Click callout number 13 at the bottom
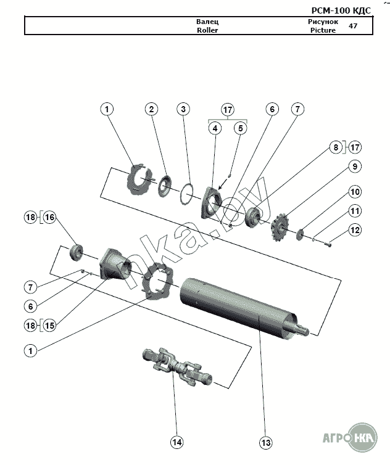tap(265, 443)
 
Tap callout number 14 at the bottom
tap(177, 442)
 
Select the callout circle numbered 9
tap(355, 167)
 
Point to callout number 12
tap(355, 230)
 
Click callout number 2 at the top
tap(152, 109)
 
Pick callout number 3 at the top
tap(183, 109)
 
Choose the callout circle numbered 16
tap(49, 217)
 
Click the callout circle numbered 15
tap(49, 326)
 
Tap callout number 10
tap(355, 192)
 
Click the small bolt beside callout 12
tap(327, 245)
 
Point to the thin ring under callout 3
tap(187, 194)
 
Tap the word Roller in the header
tap(207, 30)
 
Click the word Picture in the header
tap(323, 30)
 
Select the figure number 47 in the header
tap(353, 26)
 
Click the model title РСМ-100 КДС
tap(341, 10)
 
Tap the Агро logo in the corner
tap(351, 438)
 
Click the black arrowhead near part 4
tap(220, 187)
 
